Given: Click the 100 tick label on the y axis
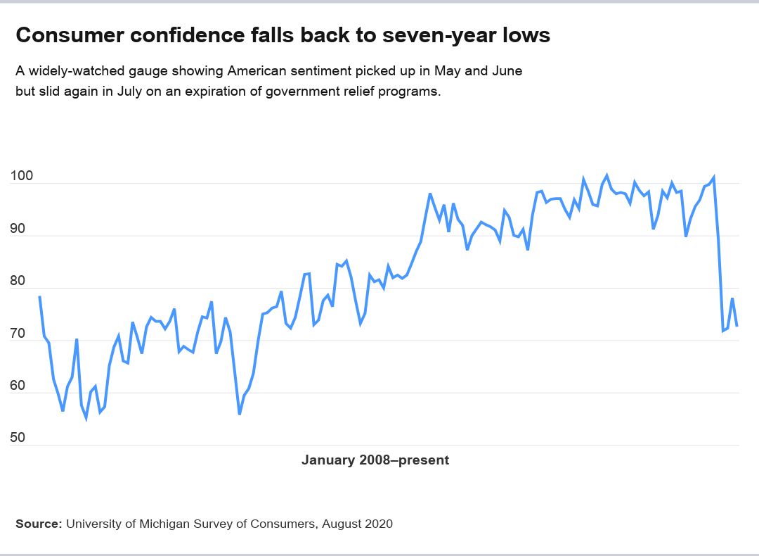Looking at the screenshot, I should [21, 177].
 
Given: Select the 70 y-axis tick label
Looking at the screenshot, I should [18, 334].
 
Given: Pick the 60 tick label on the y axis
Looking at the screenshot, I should [18, 386].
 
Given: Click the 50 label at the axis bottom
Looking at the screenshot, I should [18, 438].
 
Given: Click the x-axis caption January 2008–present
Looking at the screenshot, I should [375, 460].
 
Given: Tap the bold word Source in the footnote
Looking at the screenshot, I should [37, 524].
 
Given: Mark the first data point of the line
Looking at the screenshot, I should [39, 297].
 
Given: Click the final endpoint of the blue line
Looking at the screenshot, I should [737, 326].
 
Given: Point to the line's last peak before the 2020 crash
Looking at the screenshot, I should [714, 177].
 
